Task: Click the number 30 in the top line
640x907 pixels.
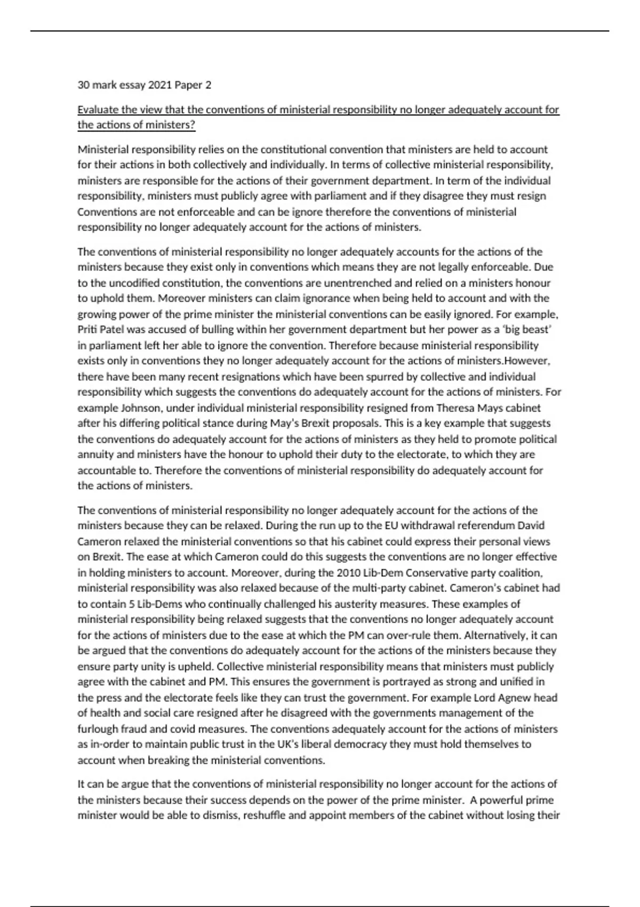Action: click(83, 85)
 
